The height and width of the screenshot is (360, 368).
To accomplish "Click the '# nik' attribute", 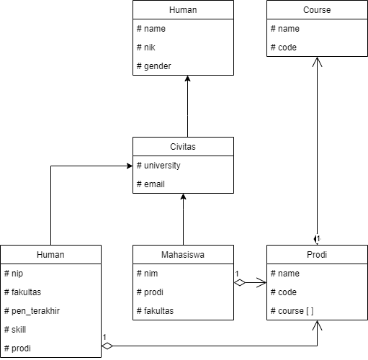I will pyautogui.click(x=146, y=48).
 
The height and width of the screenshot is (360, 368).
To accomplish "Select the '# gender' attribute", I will pyautogui.click(x=153, y=66).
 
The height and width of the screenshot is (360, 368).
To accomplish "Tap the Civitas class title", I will pyautogui.click(x=183, y=146).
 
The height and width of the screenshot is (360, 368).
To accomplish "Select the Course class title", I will pyautogui.click(x=317, y=10).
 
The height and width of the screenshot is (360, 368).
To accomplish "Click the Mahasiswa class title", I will pyautogui.click(x=183, y=254).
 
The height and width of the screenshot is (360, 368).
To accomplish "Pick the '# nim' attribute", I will pyautogui.click(x=147, y=274).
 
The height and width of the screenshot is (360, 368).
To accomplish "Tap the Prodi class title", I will pyautogui.click(x=317, y=254).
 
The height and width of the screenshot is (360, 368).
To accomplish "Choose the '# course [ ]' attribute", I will pyautogui.click(x=292, y=311).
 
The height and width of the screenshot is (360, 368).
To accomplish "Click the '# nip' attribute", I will pyautogui.click(x=14, y=274).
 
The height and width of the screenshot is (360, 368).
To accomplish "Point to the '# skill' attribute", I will pyautogui.click(x=16, y=330).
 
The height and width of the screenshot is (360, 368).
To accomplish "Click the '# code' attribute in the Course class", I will pyautogui.click(x=283, y=48).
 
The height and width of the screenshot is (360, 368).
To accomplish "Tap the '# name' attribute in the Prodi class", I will pyautogui.click(x=284, y=274).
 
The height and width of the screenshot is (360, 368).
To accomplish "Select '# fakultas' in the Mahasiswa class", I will pyautogui.click(x=153, y=311).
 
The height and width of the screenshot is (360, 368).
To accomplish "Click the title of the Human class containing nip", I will pyautogui.click(x=50, y=254).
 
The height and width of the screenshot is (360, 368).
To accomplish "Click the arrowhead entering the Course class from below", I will pyautogui.click(x=317, y=63).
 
